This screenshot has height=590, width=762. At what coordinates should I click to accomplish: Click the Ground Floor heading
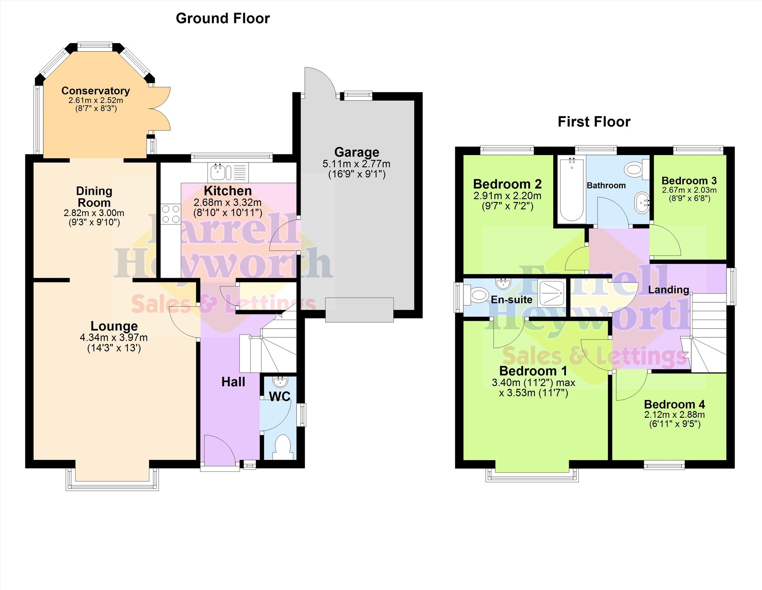tap(223, 19)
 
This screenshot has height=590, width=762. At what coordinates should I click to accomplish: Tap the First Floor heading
tap(594, 122)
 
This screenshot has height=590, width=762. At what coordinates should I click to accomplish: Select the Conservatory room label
tap(96, 91)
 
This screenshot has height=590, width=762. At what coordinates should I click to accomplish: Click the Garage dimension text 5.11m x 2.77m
tap(356, 164)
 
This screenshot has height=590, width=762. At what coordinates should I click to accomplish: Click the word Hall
tap(233, 382)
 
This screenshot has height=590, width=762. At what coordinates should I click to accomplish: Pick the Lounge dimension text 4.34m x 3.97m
tap(114, 337)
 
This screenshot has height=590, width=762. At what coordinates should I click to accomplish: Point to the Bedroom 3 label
tap(689, 181)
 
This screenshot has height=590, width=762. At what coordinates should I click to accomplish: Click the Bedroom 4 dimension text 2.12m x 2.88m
tap(675, 415)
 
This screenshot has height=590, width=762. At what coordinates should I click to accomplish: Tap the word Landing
tap(668, 289)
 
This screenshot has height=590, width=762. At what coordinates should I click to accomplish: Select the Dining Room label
tap(94, 197)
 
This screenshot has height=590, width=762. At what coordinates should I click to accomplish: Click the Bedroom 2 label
tap(507, 184)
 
